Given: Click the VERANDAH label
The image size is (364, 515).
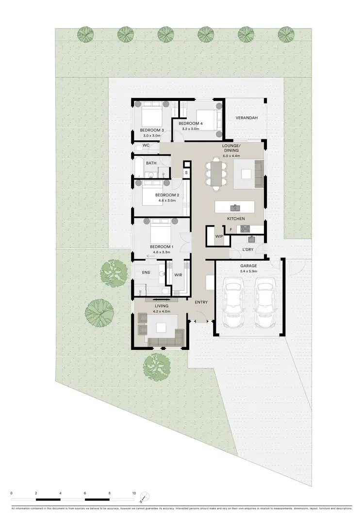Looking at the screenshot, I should click(246, 118).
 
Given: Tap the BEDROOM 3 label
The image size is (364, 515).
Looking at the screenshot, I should click(152, 130).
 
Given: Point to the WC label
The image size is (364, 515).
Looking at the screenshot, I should click(146, 145).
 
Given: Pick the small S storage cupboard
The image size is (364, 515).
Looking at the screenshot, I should click(186, 172).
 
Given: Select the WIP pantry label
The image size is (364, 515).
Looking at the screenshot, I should click(218, 236).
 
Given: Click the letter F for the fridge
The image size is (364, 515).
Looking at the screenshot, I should click(231, 229).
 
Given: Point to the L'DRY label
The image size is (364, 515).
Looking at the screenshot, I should click(248, 250).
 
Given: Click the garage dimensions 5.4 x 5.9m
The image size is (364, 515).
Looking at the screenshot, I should click(248, 272).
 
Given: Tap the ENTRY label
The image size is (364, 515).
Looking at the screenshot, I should click(201, 302).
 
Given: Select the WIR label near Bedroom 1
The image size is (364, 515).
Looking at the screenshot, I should click(178, 275).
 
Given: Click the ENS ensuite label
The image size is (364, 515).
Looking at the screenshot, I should click(146, 273).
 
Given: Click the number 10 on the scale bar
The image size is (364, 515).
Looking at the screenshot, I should click(134, 493).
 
